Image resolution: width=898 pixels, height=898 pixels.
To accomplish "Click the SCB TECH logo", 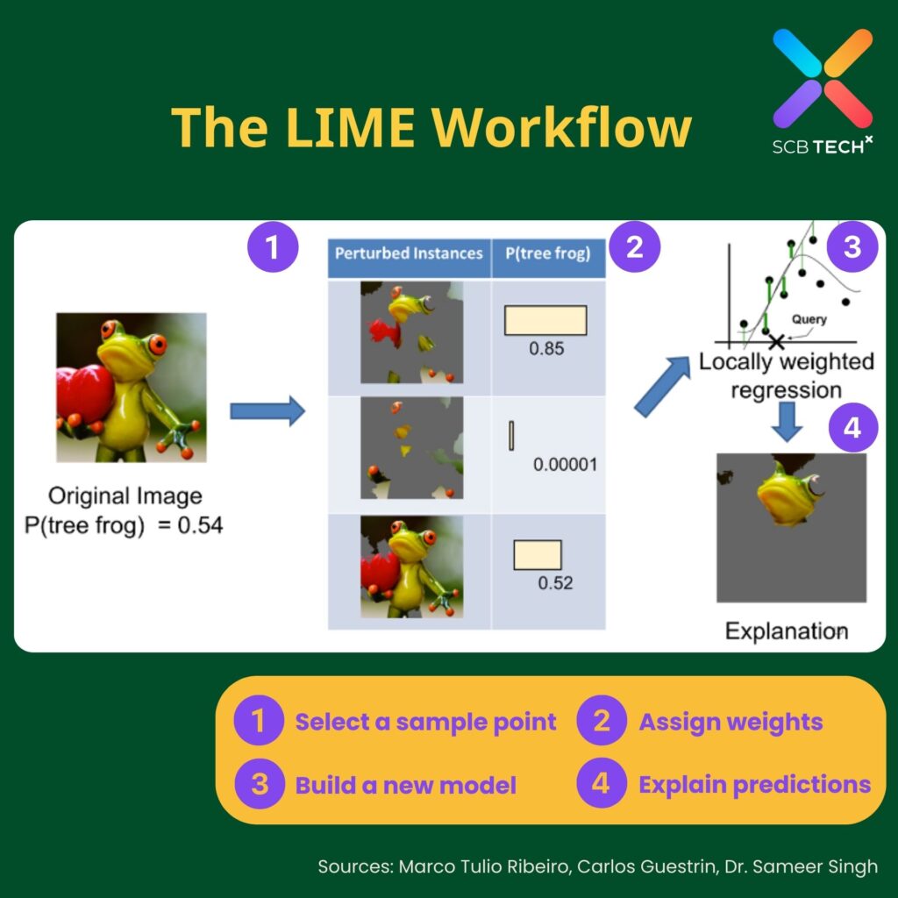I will pyautogui.click(x=822, y=92).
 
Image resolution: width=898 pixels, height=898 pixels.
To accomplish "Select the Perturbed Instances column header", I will pyautogui.click(x=409, y=253).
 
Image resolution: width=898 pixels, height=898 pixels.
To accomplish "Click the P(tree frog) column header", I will pyautogui.click(x=548, y=253).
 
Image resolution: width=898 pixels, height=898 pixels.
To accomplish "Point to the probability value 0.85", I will pyautogui.click(x=545, y=348).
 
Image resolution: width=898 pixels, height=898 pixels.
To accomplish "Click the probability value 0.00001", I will pyautogui.click(x=565, y=464).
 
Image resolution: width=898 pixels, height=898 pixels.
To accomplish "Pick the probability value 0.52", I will pyautogui.click(x=554, y=582).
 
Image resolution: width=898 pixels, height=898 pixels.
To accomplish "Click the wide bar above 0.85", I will pyautogui.click(x=545, y=319).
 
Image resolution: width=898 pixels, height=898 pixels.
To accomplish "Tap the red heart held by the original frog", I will pyautogui.click(x=83, y=392).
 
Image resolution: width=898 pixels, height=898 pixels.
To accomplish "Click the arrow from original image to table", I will pyautogui.click(x=266, y=411).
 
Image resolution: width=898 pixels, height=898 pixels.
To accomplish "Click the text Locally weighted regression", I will pyautogui.click(x=786, y=375).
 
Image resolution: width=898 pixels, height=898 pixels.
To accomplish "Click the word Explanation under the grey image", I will pyautogui.click(x=786, y=631).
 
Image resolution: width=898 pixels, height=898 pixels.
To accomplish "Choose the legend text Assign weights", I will pyautogui.click(x=730, y=722).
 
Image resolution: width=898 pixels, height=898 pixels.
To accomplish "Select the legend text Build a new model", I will pyautogui.click(x=405, y=784).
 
